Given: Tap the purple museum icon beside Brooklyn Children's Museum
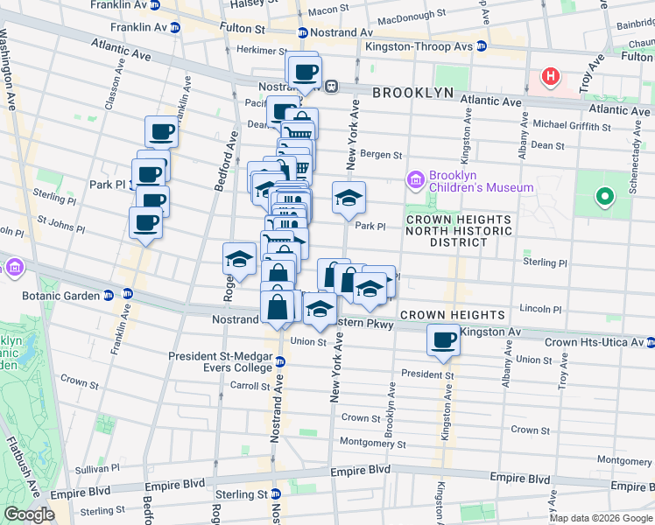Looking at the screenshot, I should (x=416, y=181).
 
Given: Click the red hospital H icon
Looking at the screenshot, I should (x=550, y=77).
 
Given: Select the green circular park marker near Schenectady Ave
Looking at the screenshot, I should (x=603, y=197).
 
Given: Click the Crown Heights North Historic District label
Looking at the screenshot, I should (x=458, y=230).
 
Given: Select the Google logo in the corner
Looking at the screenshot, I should (x=29, y=514).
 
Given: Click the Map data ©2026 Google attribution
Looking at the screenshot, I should (x=601, y=518).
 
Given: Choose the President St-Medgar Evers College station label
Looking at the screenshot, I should (x=222, y=361).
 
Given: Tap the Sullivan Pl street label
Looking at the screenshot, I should (x=66, y=470).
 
